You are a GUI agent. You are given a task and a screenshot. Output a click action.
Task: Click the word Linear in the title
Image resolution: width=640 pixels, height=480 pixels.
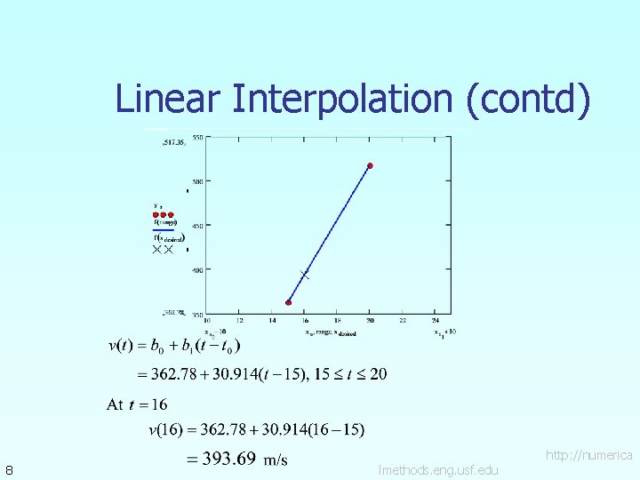pos(168,99)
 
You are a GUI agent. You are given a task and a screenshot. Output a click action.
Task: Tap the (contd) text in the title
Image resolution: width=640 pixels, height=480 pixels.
pos(527,99)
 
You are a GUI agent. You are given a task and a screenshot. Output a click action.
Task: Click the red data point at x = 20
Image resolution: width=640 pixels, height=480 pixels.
pos(370,165)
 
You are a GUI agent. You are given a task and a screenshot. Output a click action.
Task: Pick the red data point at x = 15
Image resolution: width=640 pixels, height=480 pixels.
pos(288,302)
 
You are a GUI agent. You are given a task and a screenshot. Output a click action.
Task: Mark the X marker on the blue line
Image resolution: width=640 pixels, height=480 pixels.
pos(304,276)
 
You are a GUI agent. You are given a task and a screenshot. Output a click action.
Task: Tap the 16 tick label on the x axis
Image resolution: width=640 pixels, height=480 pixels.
pos(305,321)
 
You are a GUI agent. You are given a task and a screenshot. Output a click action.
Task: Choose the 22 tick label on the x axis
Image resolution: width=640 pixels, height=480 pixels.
pos(403,321)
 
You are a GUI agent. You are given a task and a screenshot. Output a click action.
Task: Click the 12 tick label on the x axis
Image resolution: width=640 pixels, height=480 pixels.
pos(239,321)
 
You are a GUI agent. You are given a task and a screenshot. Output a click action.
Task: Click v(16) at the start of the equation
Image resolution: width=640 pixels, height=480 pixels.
pos(165,431)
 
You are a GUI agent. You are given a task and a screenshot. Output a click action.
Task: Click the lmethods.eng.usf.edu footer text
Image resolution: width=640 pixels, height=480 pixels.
pos(438,469)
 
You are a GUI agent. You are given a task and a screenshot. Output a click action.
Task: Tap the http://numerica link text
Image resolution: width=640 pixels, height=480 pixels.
pos(588,455)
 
